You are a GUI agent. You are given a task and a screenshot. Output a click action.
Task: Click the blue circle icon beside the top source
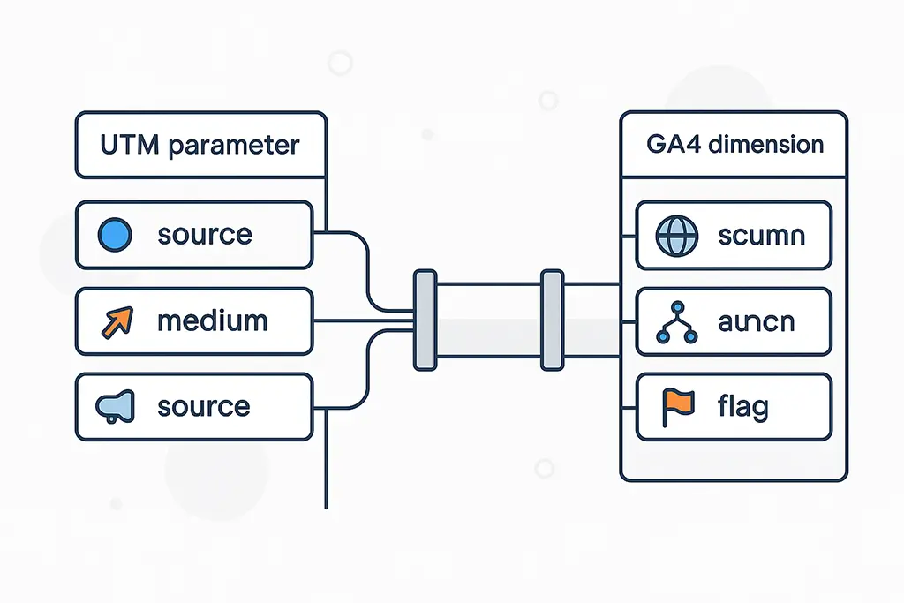coord(117,235)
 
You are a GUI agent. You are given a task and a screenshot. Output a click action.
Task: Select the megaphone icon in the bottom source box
coord(117,406)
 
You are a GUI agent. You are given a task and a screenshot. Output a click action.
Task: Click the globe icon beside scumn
coord(677,236)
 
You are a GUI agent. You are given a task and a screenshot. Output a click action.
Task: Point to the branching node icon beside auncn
coord(677,322)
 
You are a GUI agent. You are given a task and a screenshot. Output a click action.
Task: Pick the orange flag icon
coord(677,407)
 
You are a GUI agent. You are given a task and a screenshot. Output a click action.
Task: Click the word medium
coord(212,320)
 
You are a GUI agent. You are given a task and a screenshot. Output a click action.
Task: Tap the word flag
coord(743,408)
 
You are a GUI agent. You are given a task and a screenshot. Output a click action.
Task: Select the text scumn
coord(761,236)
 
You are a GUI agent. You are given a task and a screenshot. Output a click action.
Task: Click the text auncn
coord(756,322)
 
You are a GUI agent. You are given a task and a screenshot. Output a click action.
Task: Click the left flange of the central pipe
coord(425,320)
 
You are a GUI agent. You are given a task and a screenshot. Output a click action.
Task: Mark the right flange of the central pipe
coord(552,320)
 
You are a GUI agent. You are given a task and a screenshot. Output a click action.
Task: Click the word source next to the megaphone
coord(204,407)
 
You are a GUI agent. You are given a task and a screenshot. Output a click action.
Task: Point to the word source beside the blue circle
coord(204,235)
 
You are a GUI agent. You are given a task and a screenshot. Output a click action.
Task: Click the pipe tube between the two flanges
coord(488,320)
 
